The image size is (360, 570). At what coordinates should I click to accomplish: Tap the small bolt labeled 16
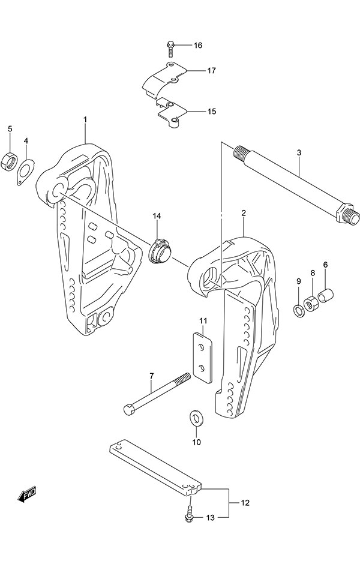click(170, 46)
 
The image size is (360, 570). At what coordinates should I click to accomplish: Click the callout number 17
click(194, 70)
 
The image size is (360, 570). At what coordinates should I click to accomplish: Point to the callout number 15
click(194, 112)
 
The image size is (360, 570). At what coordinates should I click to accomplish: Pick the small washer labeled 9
click(298, 310)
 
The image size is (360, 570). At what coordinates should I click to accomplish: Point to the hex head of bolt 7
click(130, 412)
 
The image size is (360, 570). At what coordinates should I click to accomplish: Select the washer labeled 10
click(196, 417)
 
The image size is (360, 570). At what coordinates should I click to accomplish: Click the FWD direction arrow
click(27, 494)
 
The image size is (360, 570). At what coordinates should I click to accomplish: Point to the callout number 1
click(85, 120)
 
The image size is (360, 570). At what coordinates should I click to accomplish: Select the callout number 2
click(244, 213)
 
